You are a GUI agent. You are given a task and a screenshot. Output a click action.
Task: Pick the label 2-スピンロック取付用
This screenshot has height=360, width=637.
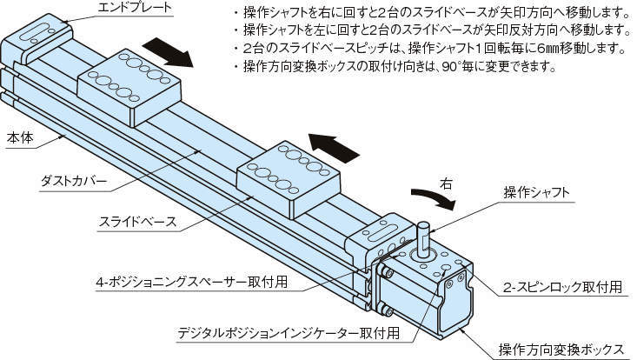click(568, 287)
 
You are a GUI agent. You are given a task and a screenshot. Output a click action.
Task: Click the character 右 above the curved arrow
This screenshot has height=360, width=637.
click(447, 184)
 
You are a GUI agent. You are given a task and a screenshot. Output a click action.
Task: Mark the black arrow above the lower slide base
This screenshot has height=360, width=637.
click(334, 145)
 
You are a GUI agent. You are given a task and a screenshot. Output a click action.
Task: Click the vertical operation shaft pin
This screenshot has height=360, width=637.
click(423, 237)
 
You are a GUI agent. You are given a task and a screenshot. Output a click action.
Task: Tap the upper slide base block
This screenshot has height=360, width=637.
click(131, 84)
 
